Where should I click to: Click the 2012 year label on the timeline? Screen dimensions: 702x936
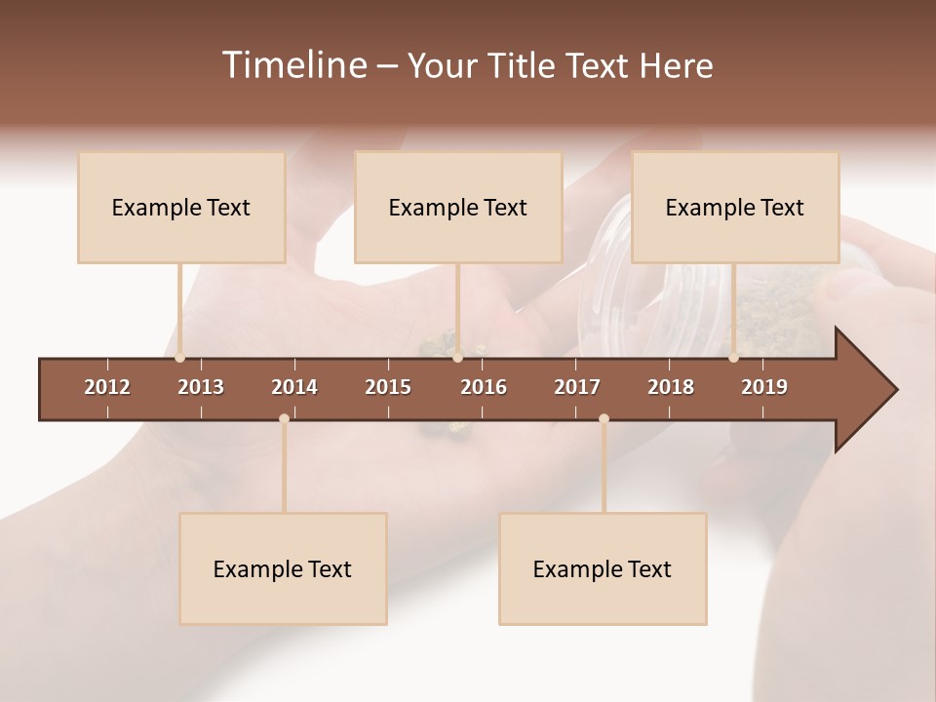[x=107, y=387]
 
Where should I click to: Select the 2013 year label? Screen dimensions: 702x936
[x=201, y=387]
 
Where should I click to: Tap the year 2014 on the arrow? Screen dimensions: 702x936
[x=294, y=387]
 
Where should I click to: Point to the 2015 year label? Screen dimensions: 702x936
[x=388, y=387]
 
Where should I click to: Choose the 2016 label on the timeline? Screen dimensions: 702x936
[x=484, y=387]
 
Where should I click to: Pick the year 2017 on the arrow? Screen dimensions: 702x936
[x=577, y=387]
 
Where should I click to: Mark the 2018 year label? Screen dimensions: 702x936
[x=671, y=387]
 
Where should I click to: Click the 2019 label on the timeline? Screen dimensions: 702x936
[x=764, y=387]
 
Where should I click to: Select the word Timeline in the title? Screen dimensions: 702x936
[x=293, y=65]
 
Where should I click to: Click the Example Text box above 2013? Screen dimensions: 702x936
[x=181, y=208]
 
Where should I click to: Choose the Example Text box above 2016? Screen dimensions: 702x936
[x=458, y=208]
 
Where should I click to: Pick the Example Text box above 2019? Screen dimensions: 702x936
[x=735, y=208]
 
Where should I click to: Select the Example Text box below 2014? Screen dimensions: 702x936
[x=283, y=569]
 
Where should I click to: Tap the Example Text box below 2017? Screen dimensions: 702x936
[x=603, y=569]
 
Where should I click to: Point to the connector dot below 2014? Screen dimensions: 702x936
[x=284, y=419]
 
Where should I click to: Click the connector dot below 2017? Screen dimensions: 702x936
[x=604, y=419]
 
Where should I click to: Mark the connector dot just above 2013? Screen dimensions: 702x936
[x=179, y=358]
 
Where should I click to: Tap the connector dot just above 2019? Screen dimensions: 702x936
[x=733, y=358]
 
